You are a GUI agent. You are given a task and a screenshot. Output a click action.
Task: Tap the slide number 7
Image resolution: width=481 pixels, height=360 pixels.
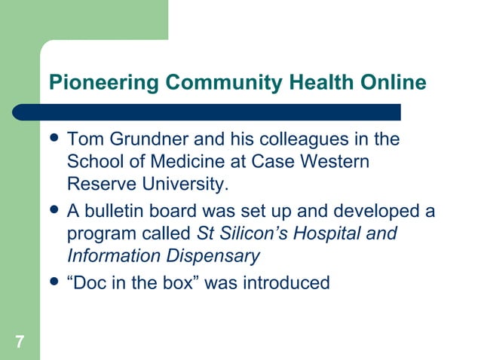pos(19,343)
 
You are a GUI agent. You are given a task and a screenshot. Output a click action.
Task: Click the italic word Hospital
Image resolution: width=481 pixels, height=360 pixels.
pos(331,233)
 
